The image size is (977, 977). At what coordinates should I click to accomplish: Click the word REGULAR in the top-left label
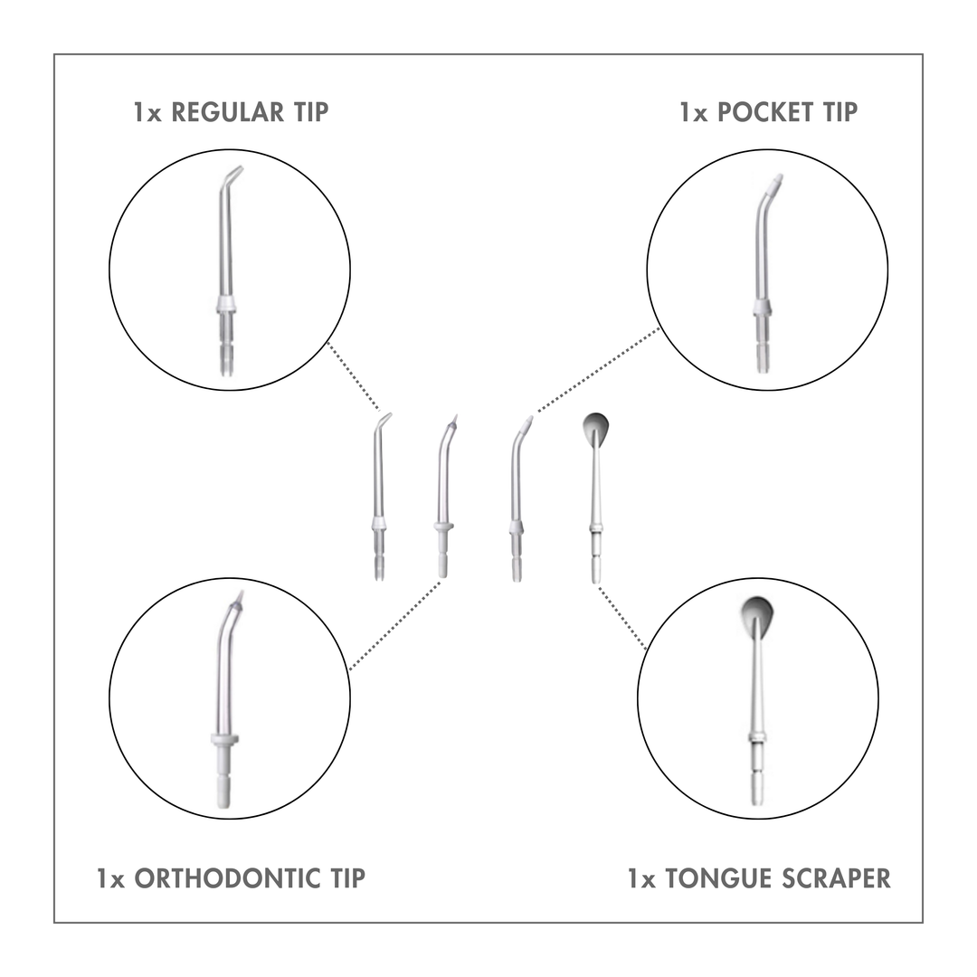(227, 112)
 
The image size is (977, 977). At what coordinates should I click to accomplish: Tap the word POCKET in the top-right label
(765, 112)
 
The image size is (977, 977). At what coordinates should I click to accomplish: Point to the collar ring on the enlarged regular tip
(225, 306)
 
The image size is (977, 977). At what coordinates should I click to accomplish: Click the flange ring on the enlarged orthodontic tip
(224, 740)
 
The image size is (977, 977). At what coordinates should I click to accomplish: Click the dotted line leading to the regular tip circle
(354, 376)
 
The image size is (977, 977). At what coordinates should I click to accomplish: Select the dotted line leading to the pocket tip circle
(598, 369)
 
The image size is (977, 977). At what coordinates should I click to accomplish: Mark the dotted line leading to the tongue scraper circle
(621, 618)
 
